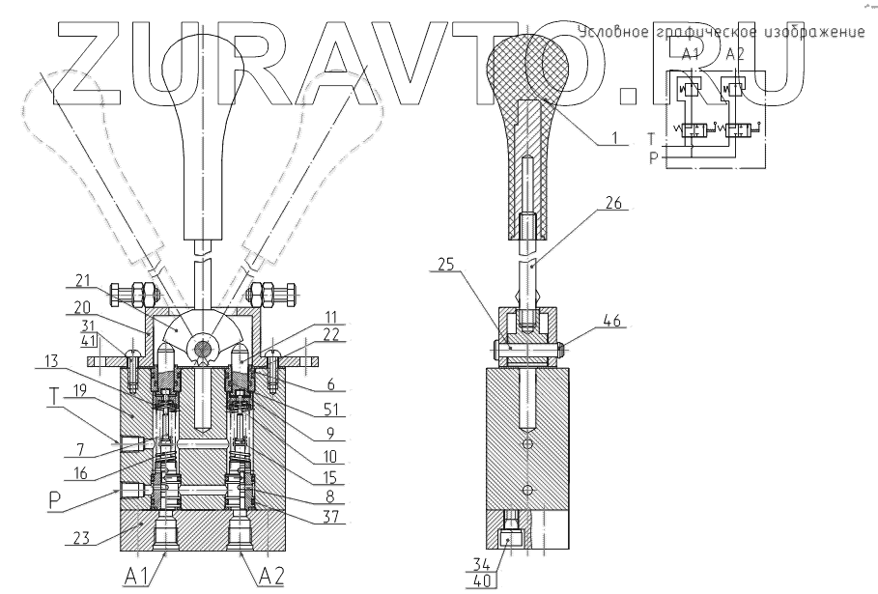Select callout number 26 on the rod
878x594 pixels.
click(x=616, y=204)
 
